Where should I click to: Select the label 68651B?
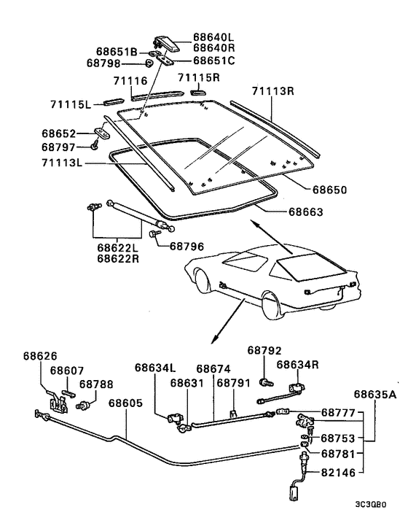(117, 52)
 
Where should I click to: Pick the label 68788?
(95, 384)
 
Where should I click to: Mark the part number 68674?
(213, 368)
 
